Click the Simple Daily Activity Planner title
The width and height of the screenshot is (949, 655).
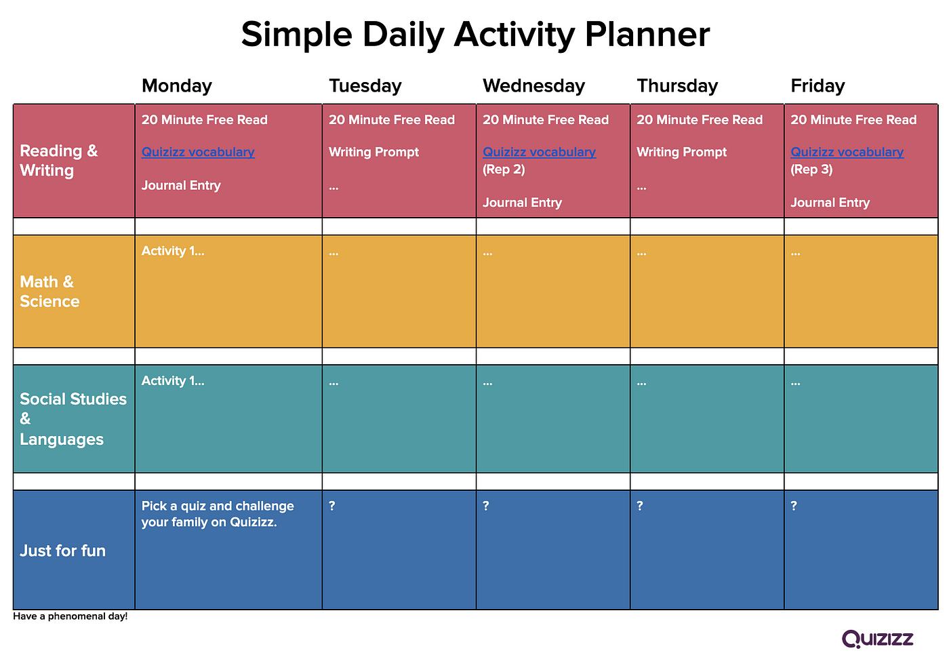[x=475, y=35]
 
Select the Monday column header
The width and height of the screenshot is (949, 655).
[x=177, y=86]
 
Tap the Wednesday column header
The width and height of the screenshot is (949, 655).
[x=534, y=86]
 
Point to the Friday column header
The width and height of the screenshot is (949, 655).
[x=817, y=86]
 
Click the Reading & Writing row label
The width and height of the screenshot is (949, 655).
[x=58, y=161]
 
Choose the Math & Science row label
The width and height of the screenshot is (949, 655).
[x=49, y=292]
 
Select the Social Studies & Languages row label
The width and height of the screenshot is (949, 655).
[x=73, y=419]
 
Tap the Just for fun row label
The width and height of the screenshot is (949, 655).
[x=62, y=551]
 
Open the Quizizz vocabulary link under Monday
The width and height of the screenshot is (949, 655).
[x=198, y=152]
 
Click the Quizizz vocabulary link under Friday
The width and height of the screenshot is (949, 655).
[x=847, y=152]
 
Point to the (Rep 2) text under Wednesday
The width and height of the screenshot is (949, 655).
[x=504, y=170]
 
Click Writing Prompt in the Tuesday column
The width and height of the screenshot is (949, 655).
[x=373, y=152]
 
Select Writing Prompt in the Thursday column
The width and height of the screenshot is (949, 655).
[x=681, y=152]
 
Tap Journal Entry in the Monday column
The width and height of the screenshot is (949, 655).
[x=181, y=186]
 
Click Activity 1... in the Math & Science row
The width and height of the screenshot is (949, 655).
[x=173, y=251]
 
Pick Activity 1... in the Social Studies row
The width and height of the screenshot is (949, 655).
[x=173, y=381]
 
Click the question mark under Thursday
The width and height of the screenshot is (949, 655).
[x=640, y=505]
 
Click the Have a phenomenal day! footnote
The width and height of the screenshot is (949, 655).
[x=70, y=616]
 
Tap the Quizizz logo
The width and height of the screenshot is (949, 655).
[x=877, y=639]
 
